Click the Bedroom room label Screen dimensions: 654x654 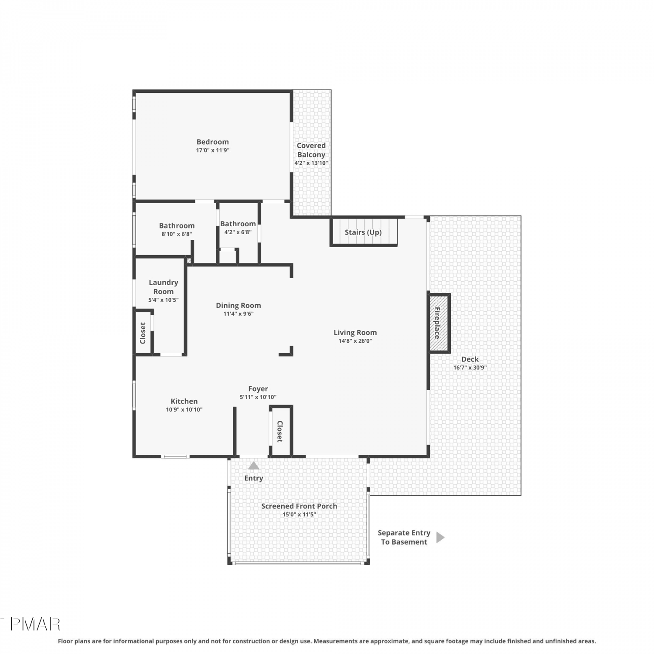pos(212,142)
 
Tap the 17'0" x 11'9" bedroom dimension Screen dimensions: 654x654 pos(212,150)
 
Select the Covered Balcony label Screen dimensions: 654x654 pos(311,150)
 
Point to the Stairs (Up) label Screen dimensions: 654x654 pos(363,232)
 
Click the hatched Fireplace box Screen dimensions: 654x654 pos(439,323)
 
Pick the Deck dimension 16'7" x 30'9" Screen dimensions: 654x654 pos(470,368)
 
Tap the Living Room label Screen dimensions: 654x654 pos(355,332)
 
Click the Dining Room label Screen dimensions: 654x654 pos(238,306)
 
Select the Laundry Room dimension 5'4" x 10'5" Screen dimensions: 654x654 pos(163,300)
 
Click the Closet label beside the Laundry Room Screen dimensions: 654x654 pos(143,333)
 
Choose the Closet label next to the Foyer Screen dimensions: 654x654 pos(280,431)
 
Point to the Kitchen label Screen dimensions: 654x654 pos(184,401)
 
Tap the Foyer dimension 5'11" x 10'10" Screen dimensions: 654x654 pos(258,397)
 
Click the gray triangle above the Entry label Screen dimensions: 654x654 pos(253,466)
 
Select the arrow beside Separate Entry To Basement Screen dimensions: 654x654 pos(440,537)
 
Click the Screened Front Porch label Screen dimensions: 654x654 pos(299,506)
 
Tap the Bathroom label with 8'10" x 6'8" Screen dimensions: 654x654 pos(177,225)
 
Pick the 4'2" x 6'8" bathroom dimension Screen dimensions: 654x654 pos(238,232)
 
